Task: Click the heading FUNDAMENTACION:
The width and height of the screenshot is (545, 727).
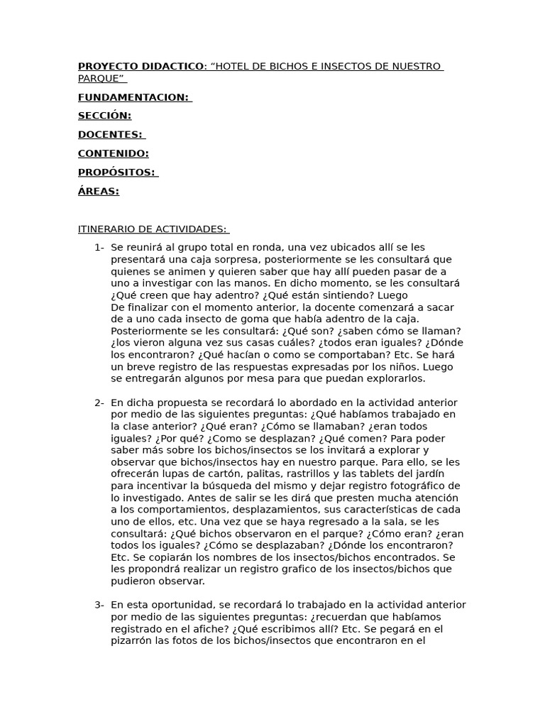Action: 133,97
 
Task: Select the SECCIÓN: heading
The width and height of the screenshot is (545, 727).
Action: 104,116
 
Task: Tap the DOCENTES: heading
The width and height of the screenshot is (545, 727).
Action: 110,134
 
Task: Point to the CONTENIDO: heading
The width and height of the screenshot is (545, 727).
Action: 113,153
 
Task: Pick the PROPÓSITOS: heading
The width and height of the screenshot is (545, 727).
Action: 116,172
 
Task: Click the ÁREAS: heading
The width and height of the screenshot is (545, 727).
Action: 98,191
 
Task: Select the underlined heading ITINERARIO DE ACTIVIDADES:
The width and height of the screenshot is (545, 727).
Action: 152,229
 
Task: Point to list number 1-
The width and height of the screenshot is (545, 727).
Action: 99,247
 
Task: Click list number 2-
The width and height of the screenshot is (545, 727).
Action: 99,403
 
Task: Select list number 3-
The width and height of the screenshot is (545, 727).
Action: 99,604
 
